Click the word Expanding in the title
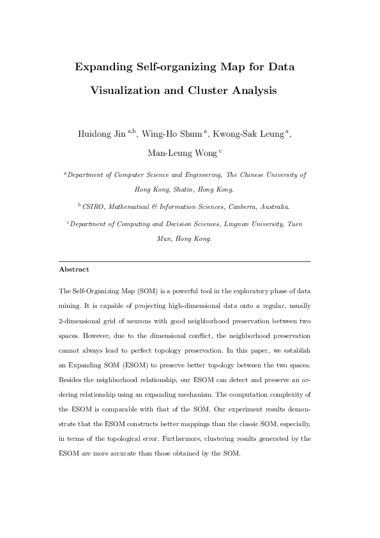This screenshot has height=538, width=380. coord(105,66)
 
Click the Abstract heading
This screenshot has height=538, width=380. coord(73,270)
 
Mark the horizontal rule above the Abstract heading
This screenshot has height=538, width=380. coord(184,262)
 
